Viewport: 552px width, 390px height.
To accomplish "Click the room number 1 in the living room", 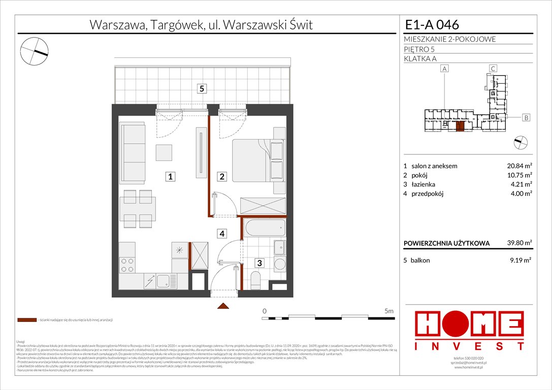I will click(x=171, y=177).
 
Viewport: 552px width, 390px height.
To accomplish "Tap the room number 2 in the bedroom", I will click(x=222, y=177).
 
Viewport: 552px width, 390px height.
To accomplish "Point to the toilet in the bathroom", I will click(x=255, y=279).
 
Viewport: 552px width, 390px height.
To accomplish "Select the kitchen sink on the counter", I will click(x=164, y=281).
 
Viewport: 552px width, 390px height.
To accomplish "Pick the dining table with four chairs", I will click(x=137, y=209).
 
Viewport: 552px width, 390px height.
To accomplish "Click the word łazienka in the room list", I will click(x=424, y=184).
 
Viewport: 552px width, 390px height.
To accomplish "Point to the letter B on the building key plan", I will click(x=526, y=118).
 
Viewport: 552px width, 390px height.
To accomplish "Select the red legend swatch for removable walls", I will click(x=27, y=320).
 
